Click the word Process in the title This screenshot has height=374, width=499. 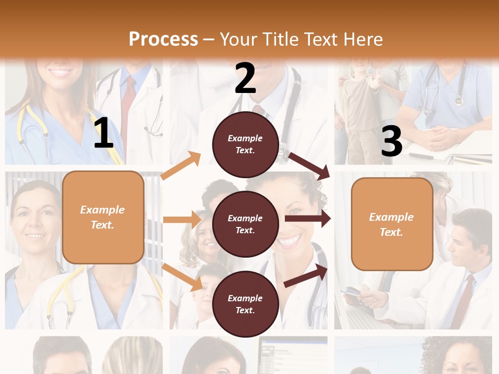coord(163,39)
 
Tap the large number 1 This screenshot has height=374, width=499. coord(103,133)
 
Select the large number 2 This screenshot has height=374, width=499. coord(245,78)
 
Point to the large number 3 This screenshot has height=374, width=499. coord(391,141)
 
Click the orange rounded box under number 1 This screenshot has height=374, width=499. coord(103,217)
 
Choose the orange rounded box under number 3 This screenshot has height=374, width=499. coord(392,224)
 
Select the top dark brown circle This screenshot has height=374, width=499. coord(245,144)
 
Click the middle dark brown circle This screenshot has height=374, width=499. coord(245,224)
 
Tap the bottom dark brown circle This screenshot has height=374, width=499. coord(245,304)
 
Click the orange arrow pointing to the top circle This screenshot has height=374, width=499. coord(181,166)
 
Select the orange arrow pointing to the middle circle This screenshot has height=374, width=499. coord(182,220)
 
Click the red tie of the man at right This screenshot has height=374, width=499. coord(464,301)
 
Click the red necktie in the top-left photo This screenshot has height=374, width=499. coord(128,109)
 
